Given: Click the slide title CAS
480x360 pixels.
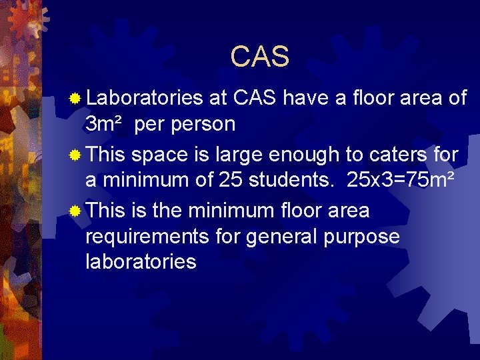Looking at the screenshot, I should (x=259, y=57).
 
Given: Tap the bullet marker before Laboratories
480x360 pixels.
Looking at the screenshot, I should (x=77, y=99).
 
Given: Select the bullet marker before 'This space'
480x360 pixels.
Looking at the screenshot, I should (x=77, y=155).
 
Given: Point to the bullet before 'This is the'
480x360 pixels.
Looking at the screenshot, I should (x=77, y=211).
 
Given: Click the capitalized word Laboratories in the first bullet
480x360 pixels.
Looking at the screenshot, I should (x=145, y=99).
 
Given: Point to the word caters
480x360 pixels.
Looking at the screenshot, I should (x=392, y=155).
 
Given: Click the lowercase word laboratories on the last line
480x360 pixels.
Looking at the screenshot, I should (x=141, y=262).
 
